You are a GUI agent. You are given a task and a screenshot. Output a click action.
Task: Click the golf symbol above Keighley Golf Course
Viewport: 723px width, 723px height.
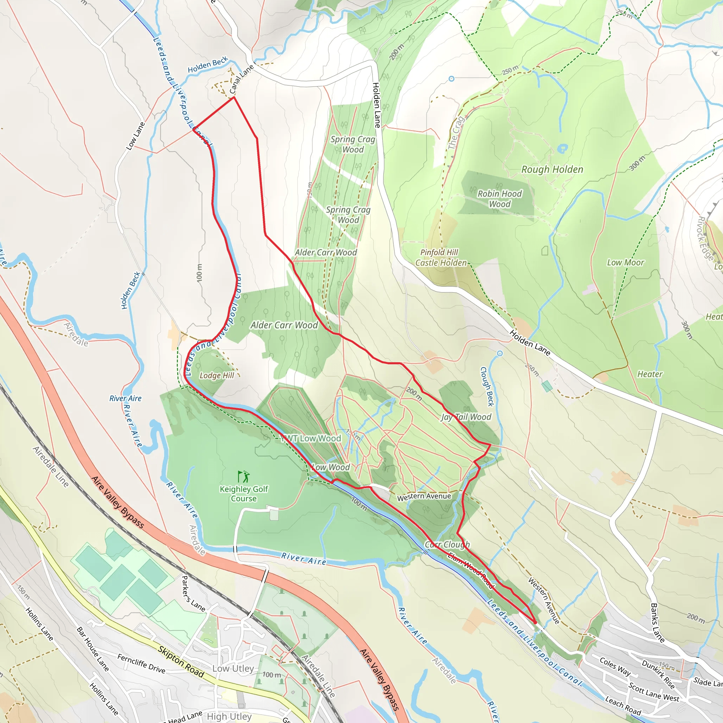pyautogui.click(x=244, y=476)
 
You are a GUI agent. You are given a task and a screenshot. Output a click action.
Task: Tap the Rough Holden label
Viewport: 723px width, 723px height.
pyautogui.click(x=552, y=169)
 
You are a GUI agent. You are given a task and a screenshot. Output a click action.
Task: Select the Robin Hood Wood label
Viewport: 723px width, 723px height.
pyautogui.click(x=499, y=199)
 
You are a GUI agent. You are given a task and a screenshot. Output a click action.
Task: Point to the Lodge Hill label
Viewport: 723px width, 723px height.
pyautogui.click(x=217, y=375)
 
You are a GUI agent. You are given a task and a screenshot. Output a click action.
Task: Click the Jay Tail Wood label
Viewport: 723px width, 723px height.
pyautogui.click(x=466, y=417)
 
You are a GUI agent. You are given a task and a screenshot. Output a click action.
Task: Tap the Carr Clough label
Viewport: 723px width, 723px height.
pyautogui.click(x=447, y=544)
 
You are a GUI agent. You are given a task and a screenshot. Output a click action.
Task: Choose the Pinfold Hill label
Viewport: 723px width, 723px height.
pyautogui.click(x=439, y=252)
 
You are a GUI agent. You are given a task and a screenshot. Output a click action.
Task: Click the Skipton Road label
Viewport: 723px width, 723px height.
pyautogui.click(x=181, y=662)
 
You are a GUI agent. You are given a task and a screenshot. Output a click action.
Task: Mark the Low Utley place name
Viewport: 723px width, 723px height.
pyautogui.click(x=233, y=668)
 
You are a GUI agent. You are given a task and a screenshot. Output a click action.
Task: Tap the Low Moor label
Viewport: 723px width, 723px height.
pyautogui.click(x=625, y=263)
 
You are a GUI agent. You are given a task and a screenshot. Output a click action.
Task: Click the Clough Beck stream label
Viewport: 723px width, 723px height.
pyautogui.click(x=487, y=386)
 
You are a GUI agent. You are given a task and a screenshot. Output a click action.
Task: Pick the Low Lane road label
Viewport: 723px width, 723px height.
pyautogui.click(x=135, y=136)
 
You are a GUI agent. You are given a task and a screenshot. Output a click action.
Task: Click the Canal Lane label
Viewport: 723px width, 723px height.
pyautogui.click(x=241, y=79)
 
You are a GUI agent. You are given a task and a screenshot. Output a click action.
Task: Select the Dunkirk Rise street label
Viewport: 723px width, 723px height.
pyautogui.click(x=658, y=674)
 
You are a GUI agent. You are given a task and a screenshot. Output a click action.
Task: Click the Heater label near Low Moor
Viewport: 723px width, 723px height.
pyautogui.click(x=650, y=374)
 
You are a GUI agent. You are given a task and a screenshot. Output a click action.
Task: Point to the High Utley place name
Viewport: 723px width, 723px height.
pyautogui.click(x=229, y=716)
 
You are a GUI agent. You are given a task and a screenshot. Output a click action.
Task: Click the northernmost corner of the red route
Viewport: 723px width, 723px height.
pyautogui.click(x=234, y=97)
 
